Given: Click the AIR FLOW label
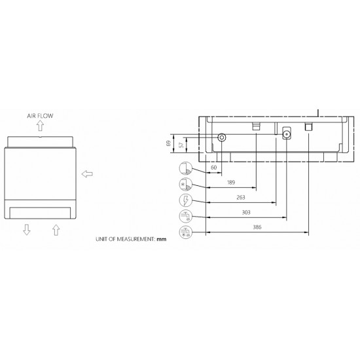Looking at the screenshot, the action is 40,116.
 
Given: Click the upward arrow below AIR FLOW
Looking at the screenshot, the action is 41,126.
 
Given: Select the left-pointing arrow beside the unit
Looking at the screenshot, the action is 87,174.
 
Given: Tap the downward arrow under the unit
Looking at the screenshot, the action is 27,230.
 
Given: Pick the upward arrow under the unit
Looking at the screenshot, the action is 56,230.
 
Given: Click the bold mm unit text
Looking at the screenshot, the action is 162,239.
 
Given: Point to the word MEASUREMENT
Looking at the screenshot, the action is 136,239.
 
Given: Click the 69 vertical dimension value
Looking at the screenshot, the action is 168,143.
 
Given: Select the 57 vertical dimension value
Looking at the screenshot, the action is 181,145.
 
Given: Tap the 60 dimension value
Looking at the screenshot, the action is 214,168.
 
